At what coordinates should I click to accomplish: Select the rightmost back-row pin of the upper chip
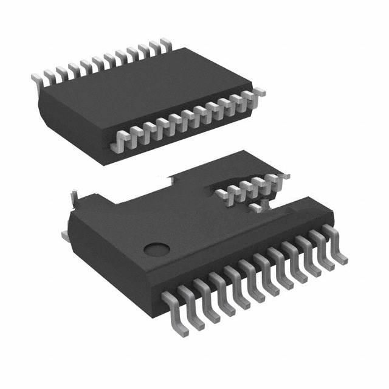[x=164, y=44]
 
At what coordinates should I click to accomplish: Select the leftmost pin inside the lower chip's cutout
[x=222, y=194]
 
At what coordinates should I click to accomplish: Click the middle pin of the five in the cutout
[x=252, y=185]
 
